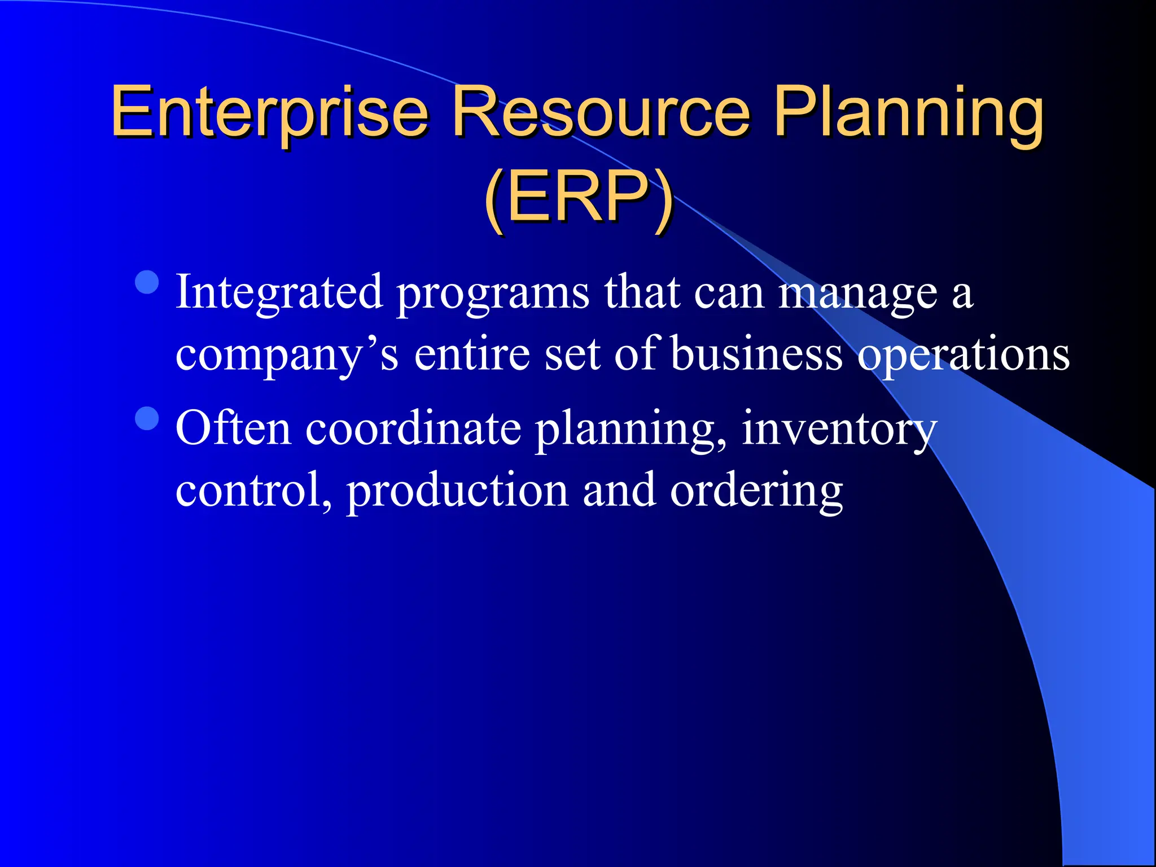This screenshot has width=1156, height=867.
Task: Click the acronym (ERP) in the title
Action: (578, 198)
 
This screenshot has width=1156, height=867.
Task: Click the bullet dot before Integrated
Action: (147, 282)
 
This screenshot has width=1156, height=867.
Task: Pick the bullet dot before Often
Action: (147, 419)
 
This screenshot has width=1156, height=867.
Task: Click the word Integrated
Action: (279, 292)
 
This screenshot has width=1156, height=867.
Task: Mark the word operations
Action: (963, 356)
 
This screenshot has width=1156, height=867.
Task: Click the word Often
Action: (233, 428)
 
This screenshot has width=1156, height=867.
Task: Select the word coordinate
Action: (413, 428)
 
